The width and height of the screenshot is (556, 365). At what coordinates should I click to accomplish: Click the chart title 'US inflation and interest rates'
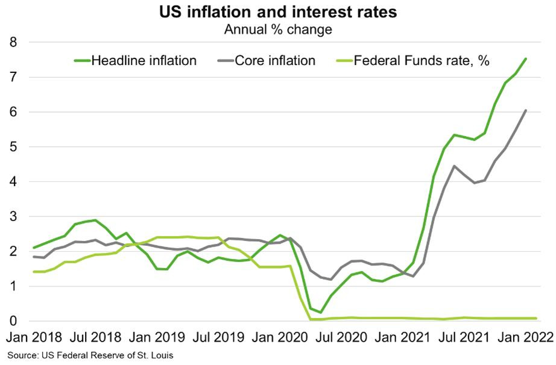coord(278,11)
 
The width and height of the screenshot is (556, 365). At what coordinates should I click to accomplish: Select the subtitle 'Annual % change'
coord(278,30)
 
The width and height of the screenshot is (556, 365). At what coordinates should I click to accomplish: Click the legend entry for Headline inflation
coord(135,61)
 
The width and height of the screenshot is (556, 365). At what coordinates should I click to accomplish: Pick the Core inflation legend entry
coord(267,61)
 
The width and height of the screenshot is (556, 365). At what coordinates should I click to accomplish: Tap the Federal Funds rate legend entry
coord(412,61)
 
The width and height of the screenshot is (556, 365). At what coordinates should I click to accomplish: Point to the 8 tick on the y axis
coord(13,43)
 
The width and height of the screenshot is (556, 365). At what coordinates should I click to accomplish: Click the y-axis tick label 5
coord(13,147)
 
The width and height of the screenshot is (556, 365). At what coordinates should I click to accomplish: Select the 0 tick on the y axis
coord(13,321)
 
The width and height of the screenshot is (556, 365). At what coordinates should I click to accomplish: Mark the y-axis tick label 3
coord(13,217)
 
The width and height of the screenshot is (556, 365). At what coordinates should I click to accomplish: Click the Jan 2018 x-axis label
coord(34,337)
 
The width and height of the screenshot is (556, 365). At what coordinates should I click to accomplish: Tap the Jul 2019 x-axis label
coord(218,337)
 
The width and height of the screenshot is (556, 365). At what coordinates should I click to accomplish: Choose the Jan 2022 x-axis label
coord(525,337)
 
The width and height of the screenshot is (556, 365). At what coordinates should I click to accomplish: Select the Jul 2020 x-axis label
coord(341,337)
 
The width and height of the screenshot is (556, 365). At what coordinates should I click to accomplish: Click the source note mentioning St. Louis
coord(90,355)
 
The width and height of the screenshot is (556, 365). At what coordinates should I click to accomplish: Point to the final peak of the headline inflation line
coord(525,59)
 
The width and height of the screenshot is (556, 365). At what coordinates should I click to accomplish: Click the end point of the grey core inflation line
coord(525,110)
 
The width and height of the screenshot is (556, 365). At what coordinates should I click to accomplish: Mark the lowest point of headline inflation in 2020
coord(321,312)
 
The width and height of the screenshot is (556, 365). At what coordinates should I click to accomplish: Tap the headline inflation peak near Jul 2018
coord(95,220)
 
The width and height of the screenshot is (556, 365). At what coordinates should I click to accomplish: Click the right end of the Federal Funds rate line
coord(535,318)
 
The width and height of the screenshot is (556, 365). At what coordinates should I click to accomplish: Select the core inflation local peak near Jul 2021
coord(454,166)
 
